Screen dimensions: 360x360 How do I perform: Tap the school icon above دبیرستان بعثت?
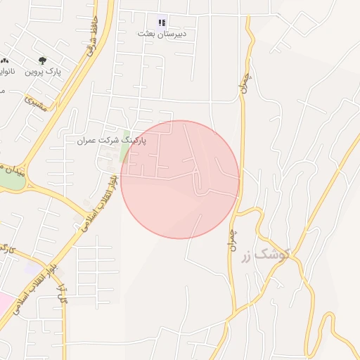pyautogui.click(x=162, y=22)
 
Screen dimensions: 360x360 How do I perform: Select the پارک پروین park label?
pyautogui.click(x=45, y=72)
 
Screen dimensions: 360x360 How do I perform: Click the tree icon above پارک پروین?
pyautogui.click(x=43, y=61)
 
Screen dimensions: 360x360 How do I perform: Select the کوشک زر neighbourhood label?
pyautogui.click(x=264, y=256)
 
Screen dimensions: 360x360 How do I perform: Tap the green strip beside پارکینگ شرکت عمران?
pyautogui.click(x=126, y=144)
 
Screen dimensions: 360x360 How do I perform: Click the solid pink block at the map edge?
pyautogui.click(x=4, y=303)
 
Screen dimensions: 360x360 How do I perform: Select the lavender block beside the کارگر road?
pyautogui.click(x=32, y=268)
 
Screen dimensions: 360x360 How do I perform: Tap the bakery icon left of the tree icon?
pyautogui.click(x=6, y=61)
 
